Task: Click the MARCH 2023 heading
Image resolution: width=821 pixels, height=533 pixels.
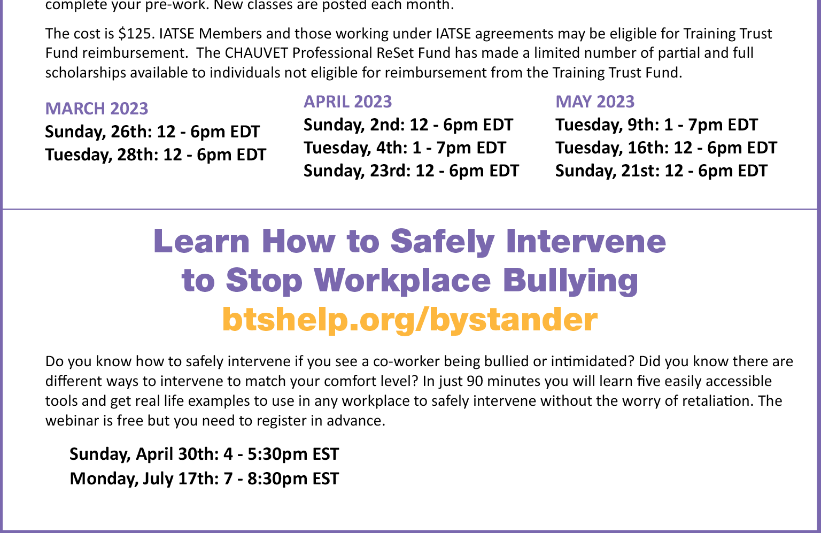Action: coord(96,109)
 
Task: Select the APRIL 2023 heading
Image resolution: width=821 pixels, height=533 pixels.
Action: coord(347,102)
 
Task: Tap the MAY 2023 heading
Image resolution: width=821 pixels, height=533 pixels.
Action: coord(594,102)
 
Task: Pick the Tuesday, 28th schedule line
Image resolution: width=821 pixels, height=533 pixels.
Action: coord(156,155)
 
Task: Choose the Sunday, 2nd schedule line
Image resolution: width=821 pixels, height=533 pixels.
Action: coord(408,125)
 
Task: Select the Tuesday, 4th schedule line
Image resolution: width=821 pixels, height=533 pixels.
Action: coord(405,148)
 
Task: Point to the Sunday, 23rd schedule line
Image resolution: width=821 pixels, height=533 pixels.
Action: coord(411,171)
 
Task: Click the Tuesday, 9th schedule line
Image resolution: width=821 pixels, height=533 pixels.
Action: coord(656,125)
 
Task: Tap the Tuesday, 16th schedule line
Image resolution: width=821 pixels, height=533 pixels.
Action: coord(666,148)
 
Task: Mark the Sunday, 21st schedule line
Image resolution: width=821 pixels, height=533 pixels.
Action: coord(661,171)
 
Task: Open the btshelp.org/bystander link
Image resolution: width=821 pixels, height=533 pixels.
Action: coord(410,320)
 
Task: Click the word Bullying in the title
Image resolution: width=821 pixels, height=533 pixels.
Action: coord(570,281)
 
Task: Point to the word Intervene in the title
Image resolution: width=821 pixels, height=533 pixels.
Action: coord(585,241)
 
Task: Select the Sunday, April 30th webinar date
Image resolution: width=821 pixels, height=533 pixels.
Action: coord(204,454)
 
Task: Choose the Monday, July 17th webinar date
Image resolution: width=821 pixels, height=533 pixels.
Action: coord(204,479)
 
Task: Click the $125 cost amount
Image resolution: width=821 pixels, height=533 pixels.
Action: coord(135,34)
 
